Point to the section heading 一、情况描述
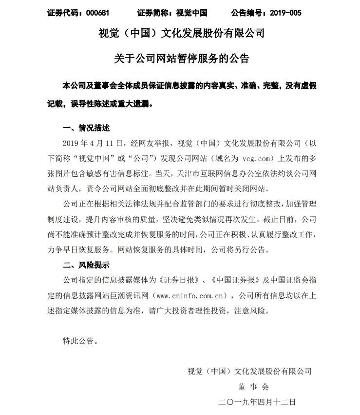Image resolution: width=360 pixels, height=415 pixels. [86, 128]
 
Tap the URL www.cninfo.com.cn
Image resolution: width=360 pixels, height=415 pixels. [193, 295]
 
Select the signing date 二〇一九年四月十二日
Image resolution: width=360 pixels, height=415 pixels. [258, 402]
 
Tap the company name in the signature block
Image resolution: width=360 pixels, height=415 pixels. [249, 371]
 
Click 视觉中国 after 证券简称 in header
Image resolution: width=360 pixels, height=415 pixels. [191, 13]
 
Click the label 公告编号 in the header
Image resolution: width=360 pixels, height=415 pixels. [246, 13]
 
